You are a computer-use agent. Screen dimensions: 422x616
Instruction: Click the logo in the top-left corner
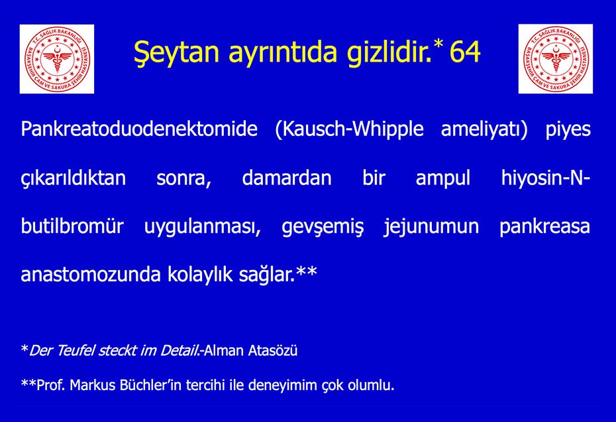[x=57, y=58]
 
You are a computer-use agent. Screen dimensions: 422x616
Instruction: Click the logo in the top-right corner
[x=555, y=58]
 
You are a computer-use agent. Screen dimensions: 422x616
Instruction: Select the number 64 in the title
[x=465, y=52]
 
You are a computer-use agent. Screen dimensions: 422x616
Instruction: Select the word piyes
[x=568, y=129]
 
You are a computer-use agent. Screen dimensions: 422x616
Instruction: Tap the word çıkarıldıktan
[x=73, y=178]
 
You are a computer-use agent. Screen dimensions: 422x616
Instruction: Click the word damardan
[x=287, y=178]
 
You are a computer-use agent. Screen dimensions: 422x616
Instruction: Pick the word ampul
[x=442, y=178]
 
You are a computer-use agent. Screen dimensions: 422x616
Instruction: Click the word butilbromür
[x=72, y=226]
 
